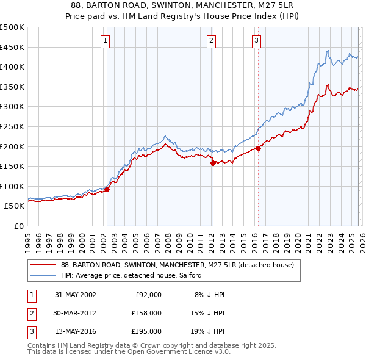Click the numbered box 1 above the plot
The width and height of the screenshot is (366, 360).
pyautogui.click(x=106, y=41)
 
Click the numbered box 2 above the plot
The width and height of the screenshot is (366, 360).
pyautogui.click(x=211, y=41)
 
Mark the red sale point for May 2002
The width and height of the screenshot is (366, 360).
pyautogui.click(x=107, y=189)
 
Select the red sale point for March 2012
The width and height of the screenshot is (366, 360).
pyautogui.click(x=213, y=163)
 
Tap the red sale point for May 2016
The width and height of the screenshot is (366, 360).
pyautogui.click(x=258, y=148)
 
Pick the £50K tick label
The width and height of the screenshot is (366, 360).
pyautogui.click(x=14, y=206)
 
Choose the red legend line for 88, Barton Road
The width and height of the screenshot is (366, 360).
pyautogui.click(x=43, y=265)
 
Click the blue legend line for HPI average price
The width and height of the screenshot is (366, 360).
pyautogui.click(x=43, y=275)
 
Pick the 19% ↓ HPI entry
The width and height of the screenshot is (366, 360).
pyautogui.click(x=209, y=331)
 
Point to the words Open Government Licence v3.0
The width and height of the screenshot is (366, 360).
pyautogui.click(x=178, y=352)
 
